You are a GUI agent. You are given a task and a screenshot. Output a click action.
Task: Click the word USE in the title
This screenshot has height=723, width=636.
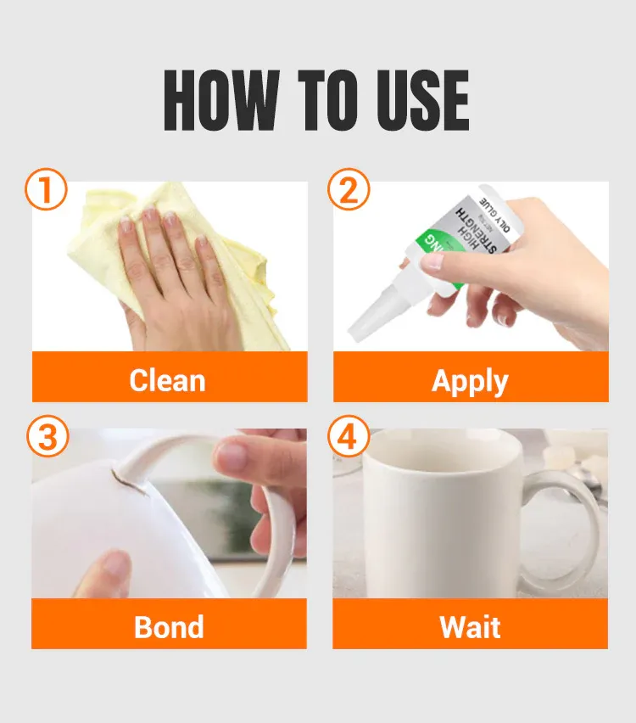pyautogui.click(x=419, y=101)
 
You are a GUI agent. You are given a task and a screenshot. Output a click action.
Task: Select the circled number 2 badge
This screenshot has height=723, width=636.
pyautogui.click(x=349, y=190)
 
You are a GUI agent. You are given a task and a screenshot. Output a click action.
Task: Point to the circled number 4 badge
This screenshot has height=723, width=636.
pyautogui.click(x=349, y=438)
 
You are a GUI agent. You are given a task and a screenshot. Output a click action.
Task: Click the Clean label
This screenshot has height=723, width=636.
pyautogui.click(x=167, y=380)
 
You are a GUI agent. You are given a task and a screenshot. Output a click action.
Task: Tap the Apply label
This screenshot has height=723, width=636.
pyautogui.click(x=470, y=381)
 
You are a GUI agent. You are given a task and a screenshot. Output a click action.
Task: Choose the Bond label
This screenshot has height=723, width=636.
pyautogui.click(x=169, y=627)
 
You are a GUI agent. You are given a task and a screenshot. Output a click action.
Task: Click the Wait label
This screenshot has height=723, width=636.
pyautogui.click(x=470, y=627)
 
